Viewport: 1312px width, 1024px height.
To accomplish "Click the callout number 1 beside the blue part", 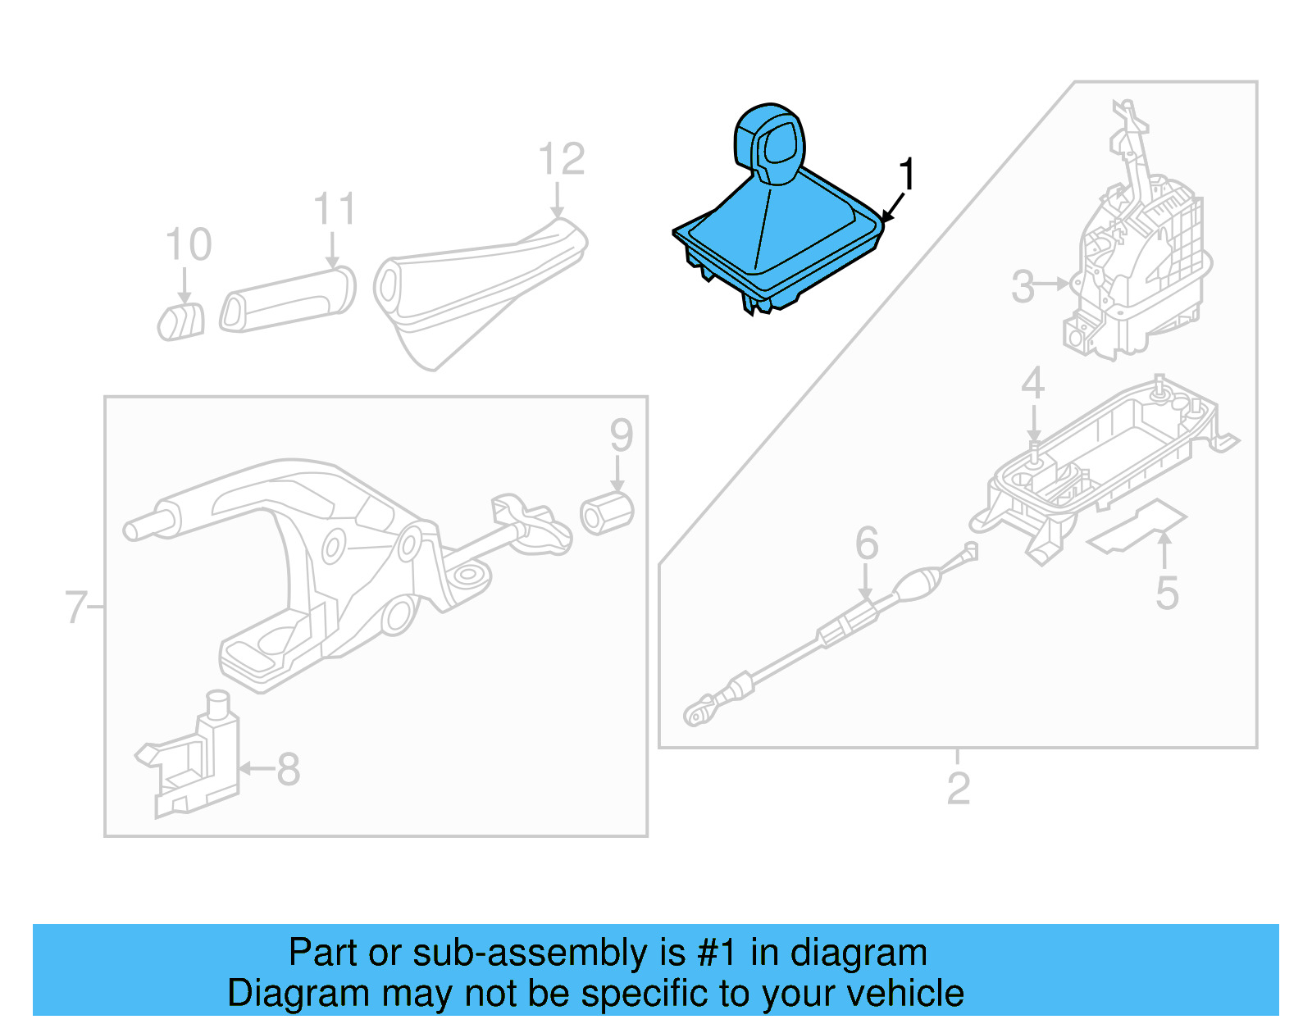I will click(906, 175).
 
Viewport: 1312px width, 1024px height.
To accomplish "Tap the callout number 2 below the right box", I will click(958, 788).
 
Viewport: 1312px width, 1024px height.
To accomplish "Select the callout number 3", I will click(1023, 286).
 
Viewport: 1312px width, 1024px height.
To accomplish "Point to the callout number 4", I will click(1032, 383).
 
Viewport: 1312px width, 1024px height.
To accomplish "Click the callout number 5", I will click(1167, 593).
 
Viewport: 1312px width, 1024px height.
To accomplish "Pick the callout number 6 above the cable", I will click(867, 544).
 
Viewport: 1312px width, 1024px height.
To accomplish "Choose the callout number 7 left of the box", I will click(75, 608).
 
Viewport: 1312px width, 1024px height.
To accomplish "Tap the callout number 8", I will click(288, 770).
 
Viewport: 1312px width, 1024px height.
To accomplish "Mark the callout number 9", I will click(621, 435).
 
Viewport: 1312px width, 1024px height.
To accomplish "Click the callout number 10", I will click(189, 244).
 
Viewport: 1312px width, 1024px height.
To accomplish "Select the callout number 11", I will click(335, 209).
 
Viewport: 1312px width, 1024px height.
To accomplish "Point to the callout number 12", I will click(562, 159).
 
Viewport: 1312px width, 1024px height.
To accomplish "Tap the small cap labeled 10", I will click(181, 321).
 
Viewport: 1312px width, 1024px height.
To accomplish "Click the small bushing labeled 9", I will click(607, 514).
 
